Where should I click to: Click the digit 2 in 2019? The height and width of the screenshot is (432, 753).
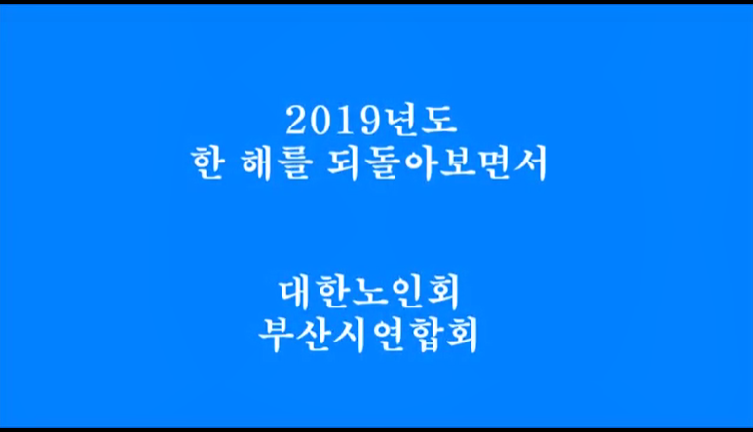click(x=296, y=121)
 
